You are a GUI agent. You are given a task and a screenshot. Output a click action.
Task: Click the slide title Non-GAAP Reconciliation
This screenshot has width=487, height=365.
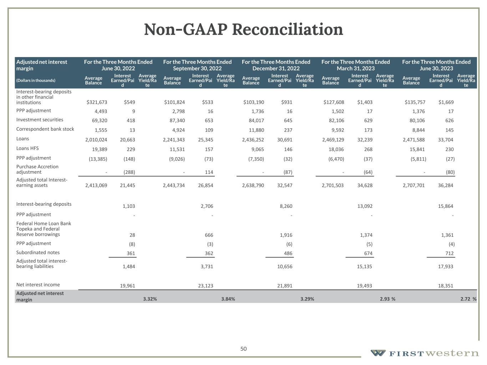(243, 30)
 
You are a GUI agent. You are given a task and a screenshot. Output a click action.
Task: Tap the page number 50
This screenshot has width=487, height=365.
(243, 349)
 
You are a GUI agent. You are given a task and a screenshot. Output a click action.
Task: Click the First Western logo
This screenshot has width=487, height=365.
(425, 353)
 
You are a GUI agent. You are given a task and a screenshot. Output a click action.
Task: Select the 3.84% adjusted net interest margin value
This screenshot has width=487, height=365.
(228, 299)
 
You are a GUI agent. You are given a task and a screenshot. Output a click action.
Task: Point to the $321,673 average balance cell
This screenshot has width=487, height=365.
(97, 102)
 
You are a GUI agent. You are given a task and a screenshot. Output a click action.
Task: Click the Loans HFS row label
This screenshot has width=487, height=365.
(29, 148)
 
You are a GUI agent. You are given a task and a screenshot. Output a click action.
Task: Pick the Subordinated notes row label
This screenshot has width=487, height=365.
(38, 252)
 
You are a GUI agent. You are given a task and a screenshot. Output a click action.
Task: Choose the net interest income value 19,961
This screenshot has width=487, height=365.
(127, 286)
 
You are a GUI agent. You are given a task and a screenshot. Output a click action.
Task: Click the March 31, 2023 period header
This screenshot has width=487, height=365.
(355, 65)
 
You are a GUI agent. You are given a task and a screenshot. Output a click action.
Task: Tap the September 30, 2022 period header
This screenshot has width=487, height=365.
(197, 65)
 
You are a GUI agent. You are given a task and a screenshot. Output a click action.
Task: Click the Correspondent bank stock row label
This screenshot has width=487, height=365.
(45, 129)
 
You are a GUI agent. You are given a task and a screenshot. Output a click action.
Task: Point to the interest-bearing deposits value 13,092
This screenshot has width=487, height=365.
(365, 206)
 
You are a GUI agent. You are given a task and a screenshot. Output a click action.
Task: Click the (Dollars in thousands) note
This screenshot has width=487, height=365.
(36, 81)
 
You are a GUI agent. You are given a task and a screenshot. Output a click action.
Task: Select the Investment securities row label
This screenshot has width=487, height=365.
(40, 120)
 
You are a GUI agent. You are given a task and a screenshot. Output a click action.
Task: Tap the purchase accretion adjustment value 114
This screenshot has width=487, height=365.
(209, 172)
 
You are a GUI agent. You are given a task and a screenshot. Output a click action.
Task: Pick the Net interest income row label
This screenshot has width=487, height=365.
(38, 285)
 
